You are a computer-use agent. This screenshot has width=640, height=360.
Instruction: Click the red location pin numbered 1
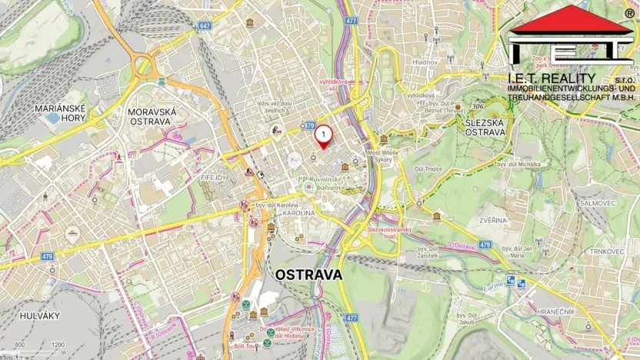[324, 136]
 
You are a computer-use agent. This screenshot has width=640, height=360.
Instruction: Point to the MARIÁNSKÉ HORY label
[59, 114]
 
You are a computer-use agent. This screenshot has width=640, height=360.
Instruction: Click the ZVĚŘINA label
[492, 220]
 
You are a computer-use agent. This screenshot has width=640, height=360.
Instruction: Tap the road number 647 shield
[203, 25]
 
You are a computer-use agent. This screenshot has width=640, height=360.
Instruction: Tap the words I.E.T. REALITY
[552, 78]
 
